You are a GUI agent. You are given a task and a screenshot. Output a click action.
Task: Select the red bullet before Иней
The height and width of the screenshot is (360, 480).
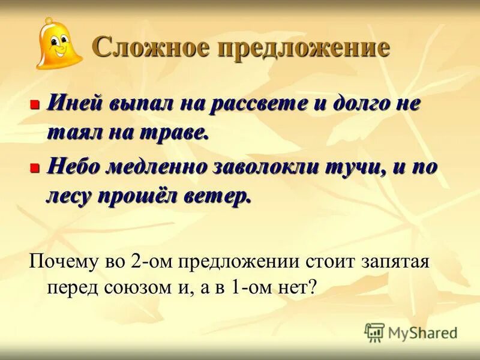click(x=34, y=104)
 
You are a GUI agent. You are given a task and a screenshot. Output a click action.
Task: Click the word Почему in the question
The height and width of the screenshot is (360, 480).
click(x=62, y=262)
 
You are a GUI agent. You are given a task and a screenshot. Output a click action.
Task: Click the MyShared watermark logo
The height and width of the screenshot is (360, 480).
click(x=410, y=332)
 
